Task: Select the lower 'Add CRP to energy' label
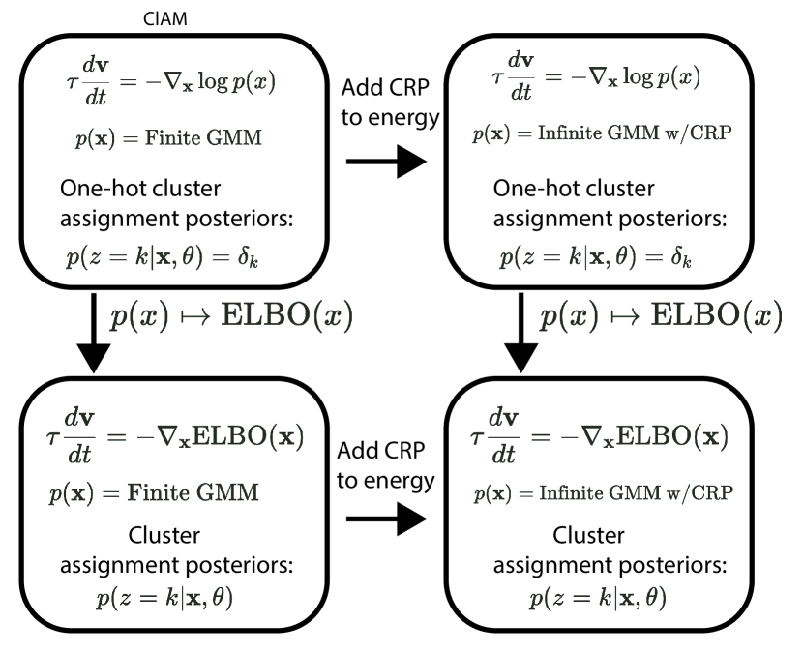(x=384, y=462)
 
